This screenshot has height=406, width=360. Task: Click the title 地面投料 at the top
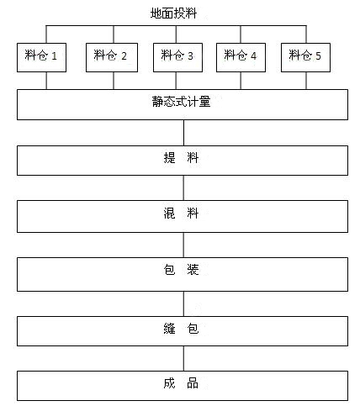tap(173, 13)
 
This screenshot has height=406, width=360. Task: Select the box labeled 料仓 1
tap(41, 57)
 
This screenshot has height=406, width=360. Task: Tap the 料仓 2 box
tap(112, 57)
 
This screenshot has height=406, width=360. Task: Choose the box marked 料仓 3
tap(177, 57)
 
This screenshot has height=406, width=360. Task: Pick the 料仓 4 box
tap(241, 57)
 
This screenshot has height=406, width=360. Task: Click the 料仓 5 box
tap(305, 57)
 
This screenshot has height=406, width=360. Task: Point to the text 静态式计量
tap(181, 102)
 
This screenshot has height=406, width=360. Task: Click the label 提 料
tap(181, 158)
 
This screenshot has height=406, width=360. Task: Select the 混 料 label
tap(181, 214)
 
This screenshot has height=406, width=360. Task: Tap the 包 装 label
tap(181, 270)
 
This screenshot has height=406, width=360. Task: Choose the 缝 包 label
tap(181, 329)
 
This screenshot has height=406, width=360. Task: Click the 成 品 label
tap(181, 383)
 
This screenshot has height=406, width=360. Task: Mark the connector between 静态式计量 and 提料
tap(184, 133)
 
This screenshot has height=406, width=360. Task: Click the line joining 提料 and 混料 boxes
tap(184, 187)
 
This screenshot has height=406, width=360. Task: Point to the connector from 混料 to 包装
tap(184, 245)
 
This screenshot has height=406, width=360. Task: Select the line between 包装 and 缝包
tap(184, 303)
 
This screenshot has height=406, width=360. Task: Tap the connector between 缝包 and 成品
tap(184, 358)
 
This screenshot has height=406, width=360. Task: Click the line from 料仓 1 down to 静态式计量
tap(46, 81)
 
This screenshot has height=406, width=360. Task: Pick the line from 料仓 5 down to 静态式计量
tap(306, 81)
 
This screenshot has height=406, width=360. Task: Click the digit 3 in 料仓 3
tap(191, 56)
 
